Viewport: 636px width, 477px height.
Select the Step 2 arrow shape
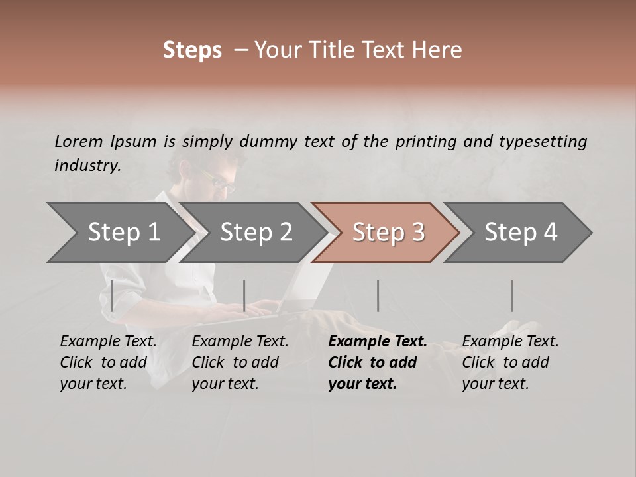click(x=256, y=233)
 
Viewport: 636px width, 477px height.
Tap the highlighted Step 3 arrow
click(x=388, y=233)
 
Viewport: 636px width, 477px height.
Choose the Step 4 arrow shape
click(x=521, y=233)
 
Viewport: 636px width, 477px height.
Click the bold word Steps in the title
click(x=192, y=50)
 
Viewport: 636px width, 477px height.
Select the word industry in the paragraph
click(x=87, y=166)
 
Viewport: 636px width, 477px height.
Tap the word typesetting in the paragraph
click(x=543, y=141)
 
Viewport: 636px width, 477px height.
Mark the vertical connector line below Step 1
click(x=112, y=295)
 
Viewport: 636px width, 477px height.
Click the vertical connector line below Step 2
click(x=244, y=295)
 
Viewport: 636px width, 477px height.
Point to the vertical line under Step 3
click(x=378, y=295)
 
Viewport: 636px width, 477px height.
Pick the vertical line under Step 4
click(x=511, y=295)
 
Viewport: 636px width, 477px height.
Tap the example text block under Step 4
click(x=510, y=362)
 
